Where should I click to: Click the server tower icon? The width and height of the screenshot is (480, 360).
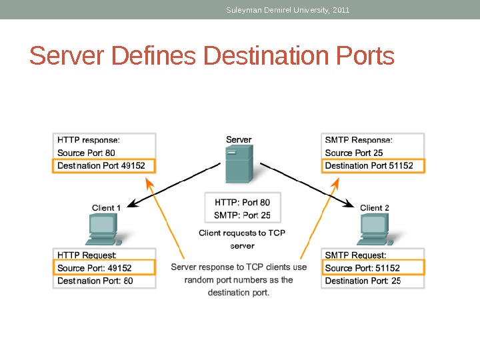(238, 165)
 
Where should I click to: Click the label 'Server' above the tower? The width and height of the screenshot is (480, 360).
(239, 140)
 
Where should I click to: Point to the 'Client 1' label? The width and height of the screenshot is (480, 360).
(107, 207)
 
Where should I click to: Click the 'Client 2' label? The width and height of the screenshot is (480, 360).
(375, 207)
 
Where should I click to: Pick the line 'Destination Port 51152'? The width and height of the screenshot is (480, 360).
(369, 165)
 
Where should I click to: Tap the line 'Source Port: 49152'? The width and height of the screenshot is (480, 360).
(95, 268)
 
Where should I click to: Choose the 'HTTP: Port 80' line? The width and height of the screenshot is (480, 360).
(242, 202)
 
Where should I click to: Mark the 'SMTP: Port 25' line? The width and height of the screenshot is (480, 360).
(242, 215)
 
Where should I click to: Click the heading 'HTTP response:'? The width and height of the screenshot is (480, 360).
(89, 140)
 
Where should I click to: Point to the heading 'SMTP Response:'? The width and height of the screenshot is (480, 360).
(359, 140)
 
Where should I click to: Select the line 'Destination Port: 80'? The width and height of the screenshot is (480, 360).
(95, 281)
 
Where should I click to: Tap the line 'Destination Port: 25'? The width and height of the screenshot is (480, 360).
(363, 281)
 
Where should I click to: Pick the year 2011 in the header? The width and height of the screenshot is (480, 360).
(340, 10)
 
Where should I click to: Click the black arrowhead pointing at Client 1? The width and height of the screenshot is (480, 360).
(131, 204)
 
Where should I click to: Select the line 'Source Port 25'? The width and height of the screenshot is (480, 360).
(354, 153)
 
